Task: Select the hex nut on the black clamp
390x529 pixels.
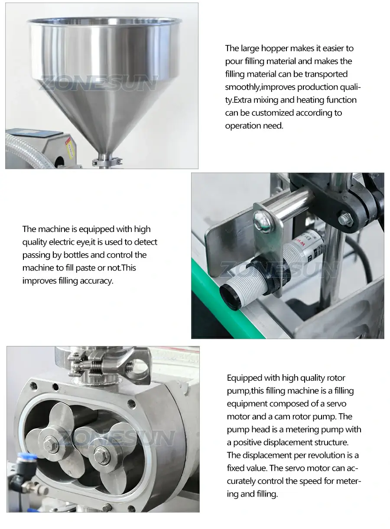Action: [x=345, y=216]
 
